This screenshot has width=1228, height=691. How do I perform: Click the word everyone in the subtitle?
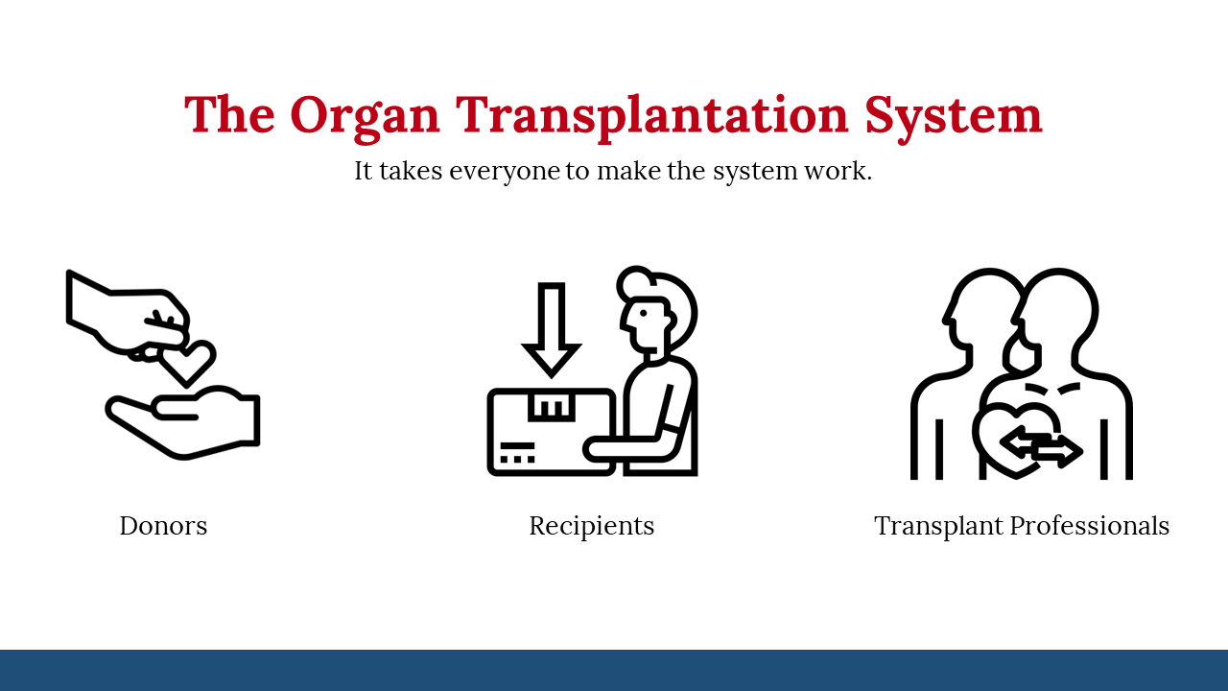pos(505,172)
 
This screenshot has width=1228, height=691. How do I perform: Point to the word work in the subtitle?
pos(835,171)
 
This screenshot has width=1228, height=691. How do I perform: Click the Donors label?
pos(163,525)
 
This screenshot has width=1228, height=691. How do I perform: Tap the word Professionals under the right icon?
pos(1090,525)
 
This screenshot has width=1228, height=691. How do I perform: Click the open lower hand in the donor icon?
pos(182,422)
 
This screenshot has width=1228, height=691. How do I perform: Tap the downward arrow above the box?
pos(551,330)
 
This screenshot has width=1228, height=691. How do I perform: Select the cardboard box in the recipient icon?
pos(552,432)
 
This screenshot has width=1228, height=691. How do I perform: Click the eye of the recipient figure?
pos(644,313)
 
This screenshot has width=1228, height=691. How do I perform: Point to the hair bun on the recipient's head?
pos(636,282)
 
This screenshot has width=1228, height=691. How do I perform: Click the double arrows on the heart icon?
pos(1041,447)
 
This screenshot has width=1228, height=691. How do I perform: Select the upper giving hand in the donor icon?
pos(128,317)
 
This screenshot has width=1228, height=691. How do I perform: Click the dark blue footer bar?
pos(614,670)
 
